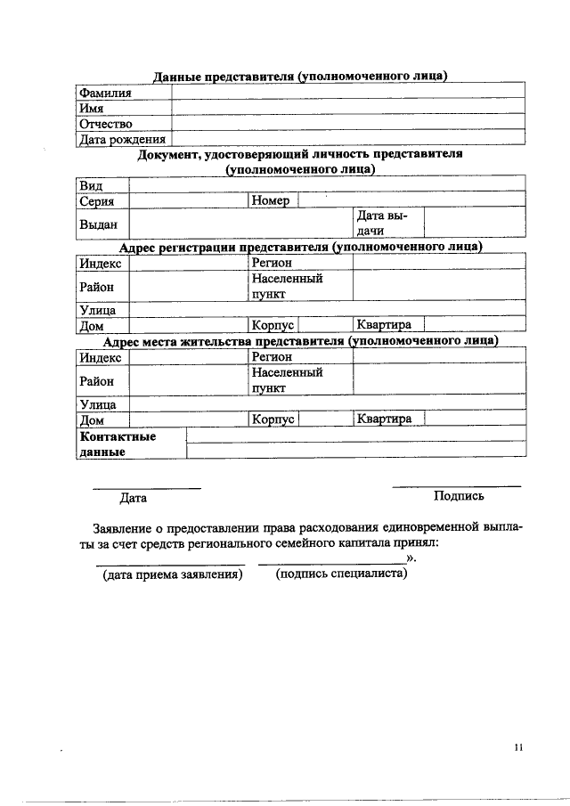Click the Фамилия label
pos(105,93)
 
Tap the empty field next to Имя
pos(347,108)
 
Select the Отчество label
pos(105,124)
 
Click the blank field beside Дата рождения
pos(347,139)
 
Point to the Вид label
pos(91,185)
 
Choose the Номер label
pos(271,201)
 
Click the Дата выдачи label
pos(381,224)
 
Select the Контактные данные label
pos(118,444)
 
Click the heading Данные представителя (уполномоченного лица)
pos(299,76)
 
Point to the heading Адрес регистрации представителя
pos(300,247)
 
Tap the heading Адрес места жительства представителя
pos(300,341)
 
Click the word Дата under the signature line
pos(134,499)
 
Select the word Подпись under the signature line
pos(459,496)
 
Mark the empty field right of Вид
pos(326,185)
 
